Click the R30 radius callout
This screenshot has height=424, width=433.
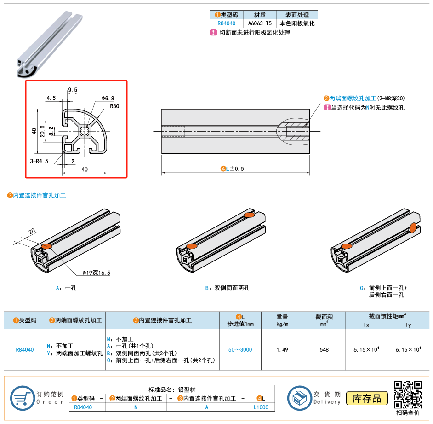click(x=114, y=106)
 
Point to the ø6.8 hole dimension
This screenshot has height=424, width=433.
click(x=108, y=99)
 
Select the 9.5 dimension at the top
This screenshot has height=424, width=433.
click(x=73, y=90)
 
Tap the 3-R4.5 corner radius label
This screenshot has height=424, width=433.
click(x=39, y=161)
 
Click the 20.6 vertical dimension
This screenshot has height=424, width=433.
click(x=42, y=131)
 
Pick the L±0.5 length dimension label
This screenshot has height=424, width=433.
click(x=232, y=168)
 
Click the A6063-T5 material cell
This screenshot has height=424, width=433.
click(x=260, y=23)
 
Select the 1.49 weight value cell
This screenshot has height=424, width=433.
click(x=282, y=349)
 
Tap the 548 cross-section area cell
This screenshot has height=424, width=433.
click(x=324, y=349)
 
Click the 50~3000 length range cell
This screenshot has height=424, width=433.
click(x=240, y=349)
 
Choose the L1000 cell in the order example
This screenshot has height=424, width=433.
click(x=261, y=407)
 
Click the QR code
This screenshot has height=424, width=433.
click(x=408, y=395)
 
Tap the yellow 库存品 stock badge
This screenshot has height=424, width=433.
click(x=367, y=398)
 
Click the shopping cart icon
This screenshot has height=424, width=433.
click(x=23, y=398)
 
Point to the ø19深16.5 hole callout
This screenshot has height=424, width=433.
click(x=97, y=273)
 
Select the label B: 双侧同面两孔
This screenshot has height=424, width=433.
click(x=227, y=288)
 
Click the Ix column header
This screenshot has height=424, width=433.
click(x=366, y=325)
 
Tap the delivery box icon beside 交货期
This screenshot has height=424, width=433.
click(x=300, y=398)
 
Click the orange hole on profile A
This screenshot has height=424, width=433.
click(x=46, y=246)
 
